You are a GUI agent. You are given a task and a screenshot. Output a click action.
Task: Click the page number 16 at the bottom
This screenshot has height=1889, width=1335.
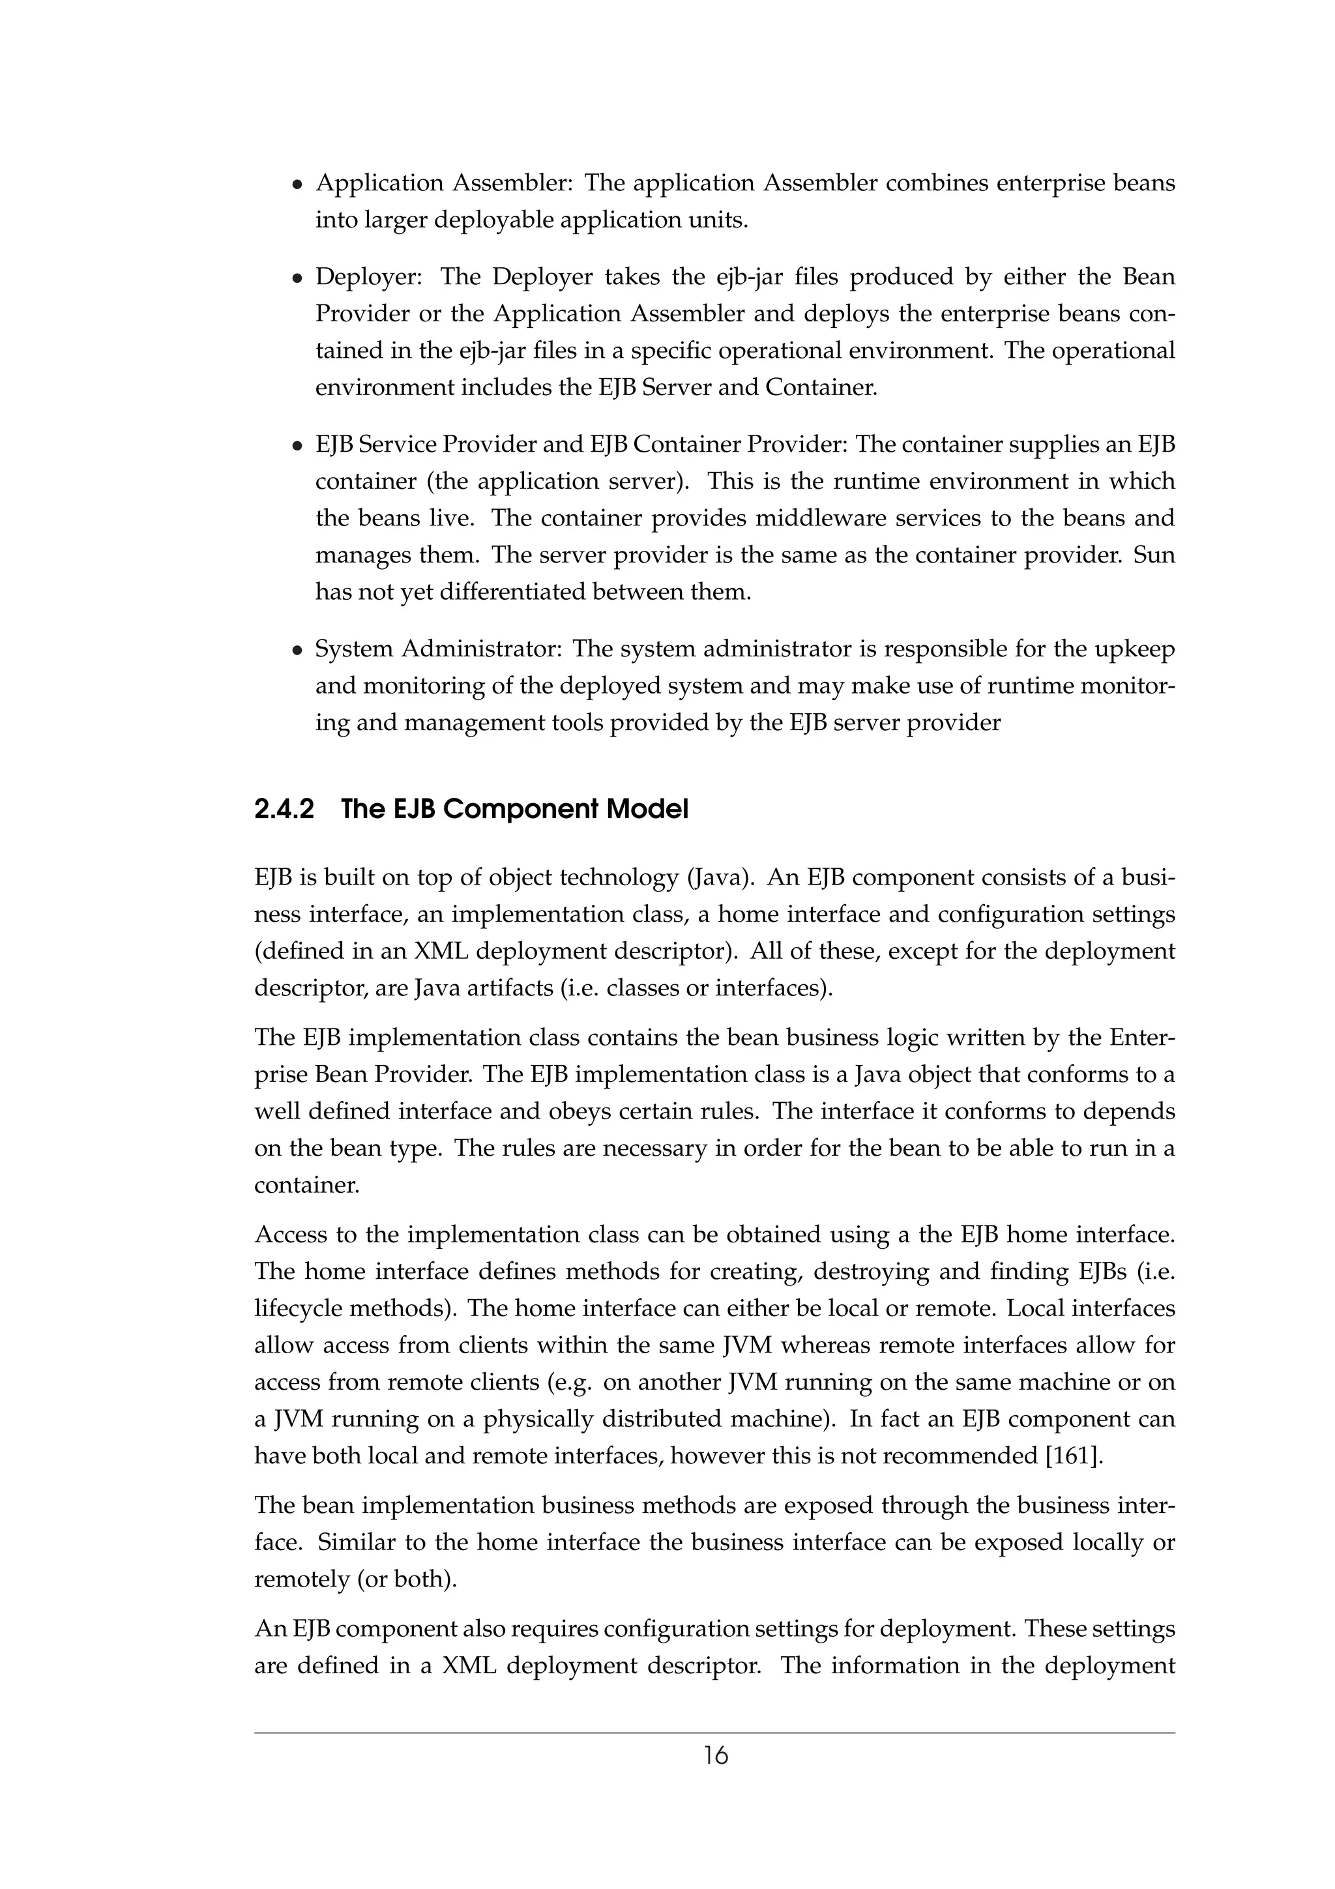(715, 1757)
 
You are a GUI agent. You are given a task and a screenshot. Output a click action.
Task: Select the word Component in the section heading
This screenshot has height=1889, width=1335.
(520, 810)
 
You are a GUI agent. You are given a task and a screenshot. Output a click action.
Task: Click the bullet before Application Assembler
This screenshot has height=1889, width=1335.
(298, 185)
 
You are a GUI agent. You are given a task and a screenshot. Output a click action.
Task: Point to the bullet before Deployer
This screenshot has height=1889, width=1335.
(298, 279)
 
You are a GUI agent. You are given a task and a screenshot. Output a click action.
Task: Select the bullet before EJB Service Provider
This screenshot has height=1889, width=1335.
(298, 447)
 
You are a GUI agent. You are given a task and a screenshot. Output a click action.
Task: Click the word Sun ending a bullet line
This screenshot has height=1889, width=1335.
(1154, 555)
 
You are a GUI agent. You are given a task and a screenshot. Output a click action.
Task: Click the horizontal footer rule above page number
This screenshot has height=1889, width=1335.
(715, 1733)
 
